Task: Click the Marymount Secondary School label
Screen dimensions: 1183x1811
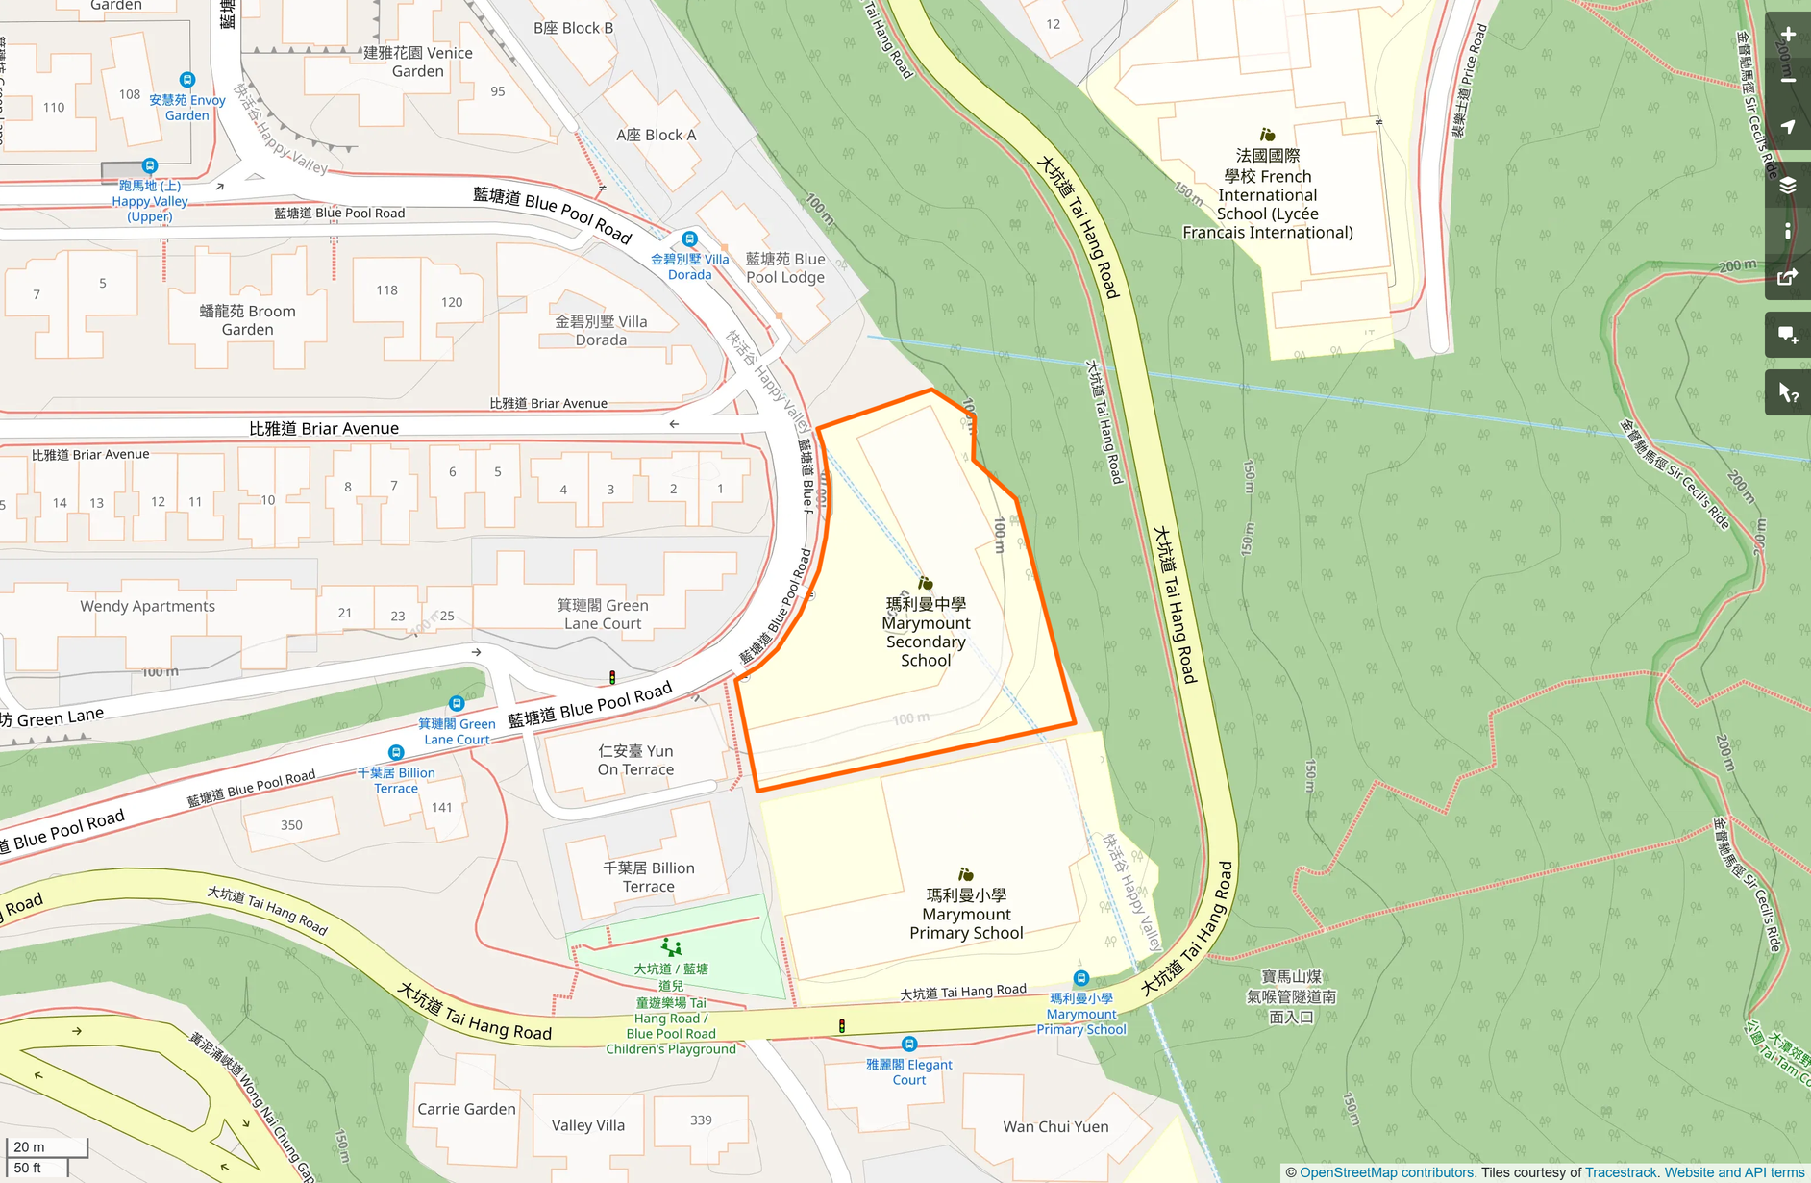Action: point(926,632)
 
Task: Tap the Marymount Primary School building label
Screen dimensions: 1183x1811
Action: point(966,914)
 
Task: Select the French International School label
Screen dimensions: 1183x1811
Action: point(1267,194)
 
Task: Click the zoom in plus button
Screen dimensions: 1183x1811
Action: point(1787,35)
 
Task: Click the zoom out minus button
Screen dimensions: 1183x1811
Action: point(1787,81)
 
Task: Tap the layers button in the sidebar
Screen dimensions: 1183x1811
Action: point(1787,185)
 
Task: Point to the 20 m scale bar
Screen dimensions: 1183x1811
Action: point(46,1146)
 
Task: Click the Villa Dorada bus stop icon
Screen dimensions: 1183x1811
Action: point(689,239)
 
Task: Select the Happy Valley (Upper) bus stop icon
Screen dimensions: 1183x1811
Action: point(149,165)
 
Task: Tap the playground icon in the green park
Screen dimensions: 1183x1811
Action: point(672,947)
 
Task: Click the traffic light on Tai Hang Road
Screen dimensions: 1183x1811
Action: point(842,1025)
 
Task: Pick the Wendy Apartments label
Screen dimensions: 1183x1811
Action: point(147,606)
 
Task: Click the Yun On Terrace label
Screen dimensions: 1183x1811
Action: point(635,760)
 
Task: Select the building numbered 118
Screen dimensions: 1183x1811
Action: point(386,290)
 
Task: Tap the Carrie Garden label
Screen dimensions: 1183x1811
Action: point(466,1109)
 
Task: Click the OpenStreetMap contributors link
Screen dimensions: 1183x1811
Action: point(1386,1172)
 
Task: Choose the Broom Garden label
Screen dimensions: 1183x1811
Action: point(247,320)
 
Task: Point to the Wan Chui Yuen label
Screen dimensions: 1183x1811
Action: point(1055,1126)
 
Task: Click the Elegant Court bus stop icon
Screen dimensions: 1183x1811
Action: point(908,1044)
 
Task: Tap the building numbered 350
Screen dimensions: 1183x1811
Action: point(291,825)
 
